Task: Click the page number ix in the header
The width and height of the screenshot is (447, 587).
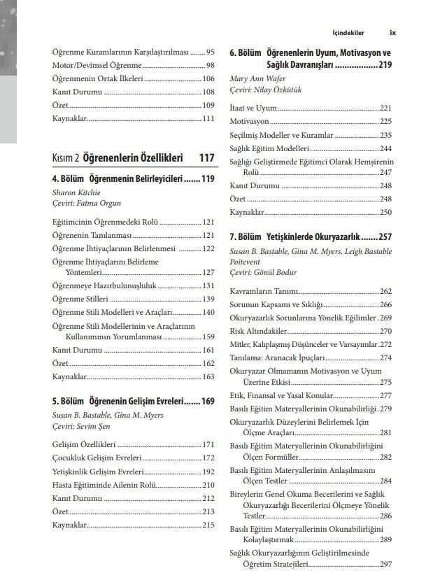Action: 392,31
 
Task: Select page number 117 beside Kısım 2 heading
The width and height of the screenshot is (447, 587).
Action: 206,157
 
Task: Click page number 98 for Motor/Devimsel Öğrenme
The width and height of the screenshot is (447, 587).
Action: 209,65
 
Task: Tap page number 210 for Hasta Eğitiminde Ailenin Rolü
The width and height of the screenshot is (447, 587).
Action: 208,484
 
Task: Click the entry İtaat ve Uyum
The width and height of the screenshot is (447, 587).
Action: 253,108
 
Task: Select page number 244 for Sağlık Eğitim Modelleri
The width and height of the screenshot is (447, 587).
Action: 385,148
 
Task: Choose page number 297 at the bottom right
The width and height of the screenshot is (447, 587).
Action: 385,564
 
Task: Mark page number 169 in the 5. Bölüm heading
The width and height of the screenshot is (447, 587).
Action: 206,402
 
